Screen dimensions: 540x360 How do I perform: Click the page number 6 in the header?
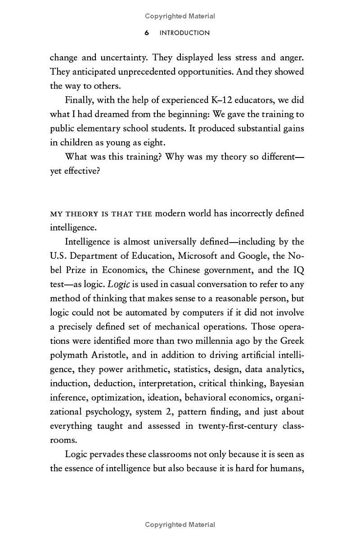coord(147,33)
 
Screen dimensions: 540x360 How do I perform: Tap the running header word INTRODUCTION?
coord(184,33)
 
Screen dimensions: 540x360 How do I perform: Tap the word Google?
coord(253,256)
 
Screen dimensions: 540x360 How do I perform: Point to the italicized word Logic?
coord(119,284)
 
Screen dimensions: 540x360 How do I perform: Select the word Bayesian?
coord(287,383)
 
